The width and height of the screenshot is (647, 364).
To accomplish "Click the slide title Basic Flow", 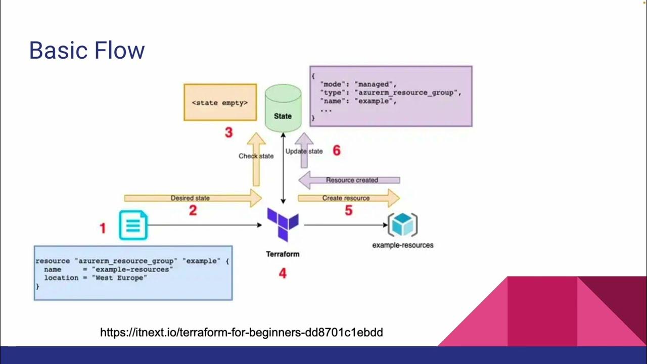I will pos(87,51).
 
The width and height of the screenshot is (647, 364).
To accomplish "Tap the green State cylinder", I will pos(283,108).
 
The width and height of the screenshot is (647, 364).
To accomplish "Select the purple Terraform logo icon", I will pos(283,224).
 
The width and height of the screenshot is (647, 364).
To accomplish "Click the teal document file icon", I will pos(133,225).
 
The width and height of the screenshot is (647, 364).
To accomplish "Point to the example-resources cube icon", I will pos(402,224).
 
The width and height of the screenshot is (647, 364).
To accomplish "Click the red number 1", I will pos(103,229).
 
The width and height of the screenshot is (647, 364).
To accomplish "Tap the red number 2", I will pos(193,211).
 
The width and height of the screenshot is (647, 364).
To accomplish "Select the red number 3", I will pos(228,133).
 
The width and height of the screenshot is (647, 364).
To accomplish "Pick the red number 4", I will pos(283,274).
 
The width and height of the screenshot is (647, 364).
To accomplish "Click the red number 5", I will pos(348,211).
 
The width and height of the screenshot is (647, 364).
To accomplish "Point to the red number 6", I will pos(337,150).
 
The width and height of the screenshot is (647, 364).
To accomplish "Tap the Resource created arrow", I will pos(351,180).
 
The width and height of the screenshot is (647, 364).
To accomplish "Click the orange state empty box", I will pos(220,103).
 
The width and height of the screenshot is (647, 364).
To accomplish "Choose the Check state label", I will pos(256,156).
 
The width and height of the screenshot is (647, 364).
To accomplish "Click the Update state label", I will pos(304,151).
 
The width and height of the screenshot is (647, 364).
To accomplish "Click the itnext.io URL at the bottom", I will pos(241,332).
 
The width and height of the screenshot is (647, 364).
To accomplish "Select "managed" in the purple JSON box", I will pos(375,84).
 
